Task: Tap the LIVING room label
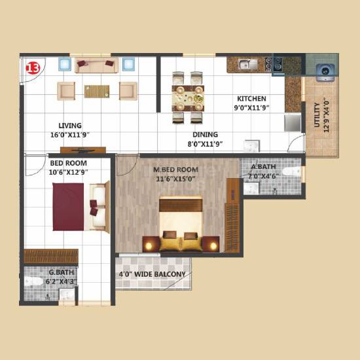click(x=70, y=126)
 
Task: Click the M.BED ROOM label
click(x=175, y=170)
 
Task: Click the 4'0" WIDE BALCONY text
click(x=153, y=274)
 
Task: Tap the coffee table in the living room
click(x=97, y=91)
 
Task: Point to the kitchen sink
click(x=247, y=64)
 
